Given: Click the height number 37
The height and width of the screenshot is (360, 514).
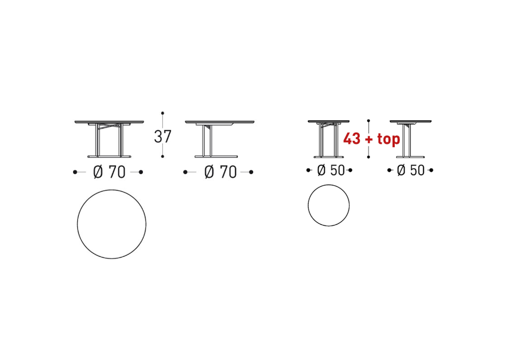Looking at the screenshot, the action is tap(162, 136).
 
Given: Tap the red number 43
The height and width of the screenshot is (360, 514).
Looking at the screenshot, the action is tap(352, 139).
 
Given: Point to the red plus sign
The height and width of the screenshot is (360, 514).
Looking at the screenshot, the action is tap(369, 139).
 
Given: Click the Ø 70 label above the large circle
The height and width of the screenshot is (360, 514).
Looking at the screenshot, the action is tap(109, 172).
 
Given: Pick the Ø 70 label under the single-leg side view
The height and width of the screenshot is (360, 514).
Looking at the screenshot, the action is tap(221, 172).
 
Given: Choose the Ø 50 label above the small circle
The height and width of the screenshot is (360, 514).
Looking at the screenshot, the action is tap(331, 170).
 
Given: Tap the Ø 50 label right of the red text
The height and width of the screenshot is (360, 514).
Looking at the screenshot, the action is tap(411, 170).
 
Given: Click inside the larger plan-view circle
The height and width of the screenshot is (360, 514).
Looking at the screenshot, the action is tap(112, 224).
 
